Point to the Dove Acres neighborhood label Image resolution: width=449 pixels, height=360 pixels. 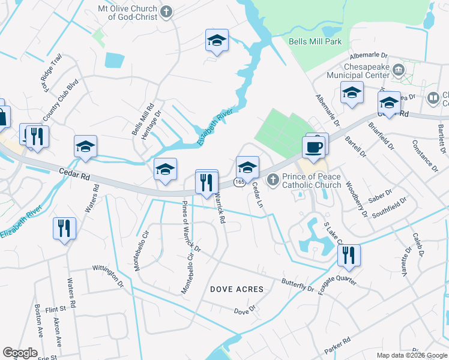tap(237, 289)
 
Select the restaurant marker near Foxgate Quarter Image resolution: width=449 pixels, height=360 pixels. tap(348, 255)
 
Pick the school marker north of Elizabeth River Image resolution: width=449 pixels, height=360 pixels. tap(217, 41)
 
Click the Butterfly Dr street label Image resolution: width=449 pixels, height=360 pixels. tap(298, 284)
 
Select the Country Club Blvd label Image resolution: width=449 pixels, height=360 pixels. tap(61, 100)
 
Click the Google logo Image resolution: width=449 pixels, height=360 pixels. tap(20, 353)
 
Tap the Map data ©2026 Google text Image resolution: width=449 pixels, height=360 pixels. tap(411, 355)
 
